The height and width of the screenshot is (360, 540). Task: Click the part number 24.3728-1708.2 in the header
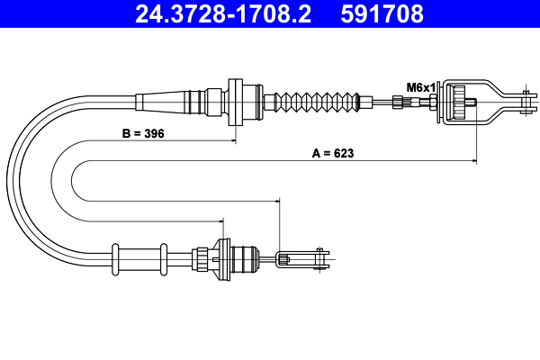tap(223, 14)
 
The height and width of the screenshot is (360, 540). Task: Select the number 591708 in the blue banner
tap(382, 14)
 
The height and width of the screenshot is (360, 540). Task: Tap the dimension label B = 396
tap(143, 133)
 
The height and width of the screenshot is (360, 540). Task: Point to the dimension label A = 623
tap(333, 153)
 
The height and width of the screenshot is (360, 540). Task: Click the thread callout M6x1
tap(421, 87)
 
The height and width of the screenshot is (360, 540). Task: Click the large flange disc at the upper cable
tap(236, 103)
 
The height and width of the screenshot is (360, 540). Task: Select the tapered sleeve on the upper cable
tap(162, 103)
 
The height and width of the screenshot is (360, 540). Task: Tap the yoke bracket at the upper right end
tap(487, 103)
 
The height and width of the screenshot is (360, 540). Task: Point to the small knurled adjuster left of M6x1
tap(398, 103)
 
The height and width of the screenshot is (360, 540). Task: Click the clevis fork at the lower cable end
tap(302, 258)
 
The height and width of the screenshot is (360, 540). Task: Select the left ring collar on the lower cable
tap(115, 259)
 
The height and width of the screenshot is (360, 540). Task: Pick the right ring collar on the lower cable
tap(164, 259)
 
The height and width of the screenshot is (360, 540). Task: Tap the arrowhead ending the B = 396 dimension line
tap(234, 140)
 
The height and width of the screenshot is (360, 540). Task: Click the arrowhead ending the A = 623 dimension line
tap(474, 160)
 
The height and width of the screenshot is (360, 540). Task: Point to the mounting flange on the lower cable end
tap(221, 259)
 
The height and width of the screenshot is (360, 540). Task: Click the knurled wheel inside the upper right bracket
tap(459, 103)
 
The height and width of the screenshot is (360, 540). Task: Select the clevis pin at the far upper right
tap(526, 103)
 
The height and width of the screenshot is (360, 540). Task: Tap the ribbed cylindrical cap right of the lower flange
tap(245, 259)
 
